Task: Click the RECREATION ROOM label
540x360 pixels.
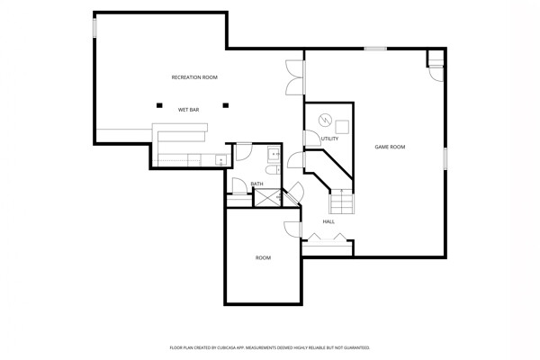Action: (x=194, y=77)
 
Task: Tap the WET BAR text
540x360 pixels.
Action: (x=188, y=110)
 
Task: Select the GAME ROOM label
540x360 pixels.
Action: (x=390, y=147)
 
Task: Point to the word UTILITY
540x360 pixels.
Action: (x=329, y=139)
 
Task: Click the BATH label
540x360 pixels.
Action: (x=256, y=184)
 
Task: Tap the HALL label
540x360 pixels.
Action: (x=328, y=222)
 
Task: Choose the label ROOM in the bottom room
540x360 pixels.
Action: (x=263, y=257)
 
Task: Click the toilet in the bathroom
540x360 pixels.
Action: (x=273, y=170)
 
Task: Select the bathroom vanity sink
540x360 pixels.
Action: (x=274, y=155)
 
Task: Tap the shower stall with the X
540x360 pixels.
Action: (x=267, y=198)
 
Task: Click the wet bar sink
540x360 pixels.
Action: (x=220, y=160)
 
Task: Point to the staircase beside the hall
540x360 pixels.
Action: (x=342, y=202)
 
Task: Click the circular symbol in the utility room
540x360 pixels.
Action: (x=325, y=120)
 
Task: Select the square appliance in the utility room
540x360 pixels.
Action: (x=342, y=127)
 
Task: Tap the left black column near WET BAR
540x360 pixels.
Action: (x=159, y=105)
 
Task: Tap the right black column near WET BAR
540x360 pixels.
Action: (x=226, y=105)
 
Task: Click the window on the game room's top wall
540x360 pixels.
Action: (x=375, y=49)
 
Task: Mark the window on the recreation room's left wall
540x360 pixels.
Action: (x=94, y=27)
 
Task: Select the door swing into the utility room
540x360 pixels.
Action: (x=312, y=138)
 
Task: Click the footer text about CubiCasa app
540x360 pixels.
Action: (x=270, y=348)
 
